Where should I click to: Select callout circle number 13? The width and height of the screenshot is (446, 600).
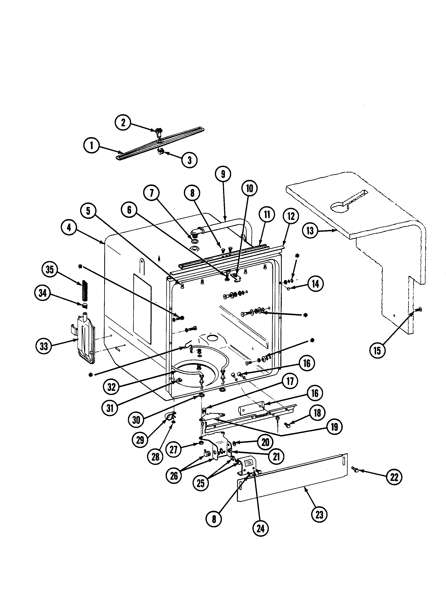[x=310, y=231]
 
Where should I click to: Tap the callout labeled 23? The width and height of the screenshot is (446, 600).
[x=319, y=515]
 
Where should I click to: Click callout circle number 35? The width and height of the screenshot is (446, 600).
[x=50, y=269]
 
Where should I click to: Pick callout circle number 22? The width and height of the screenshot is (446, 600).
[x=394, y=477]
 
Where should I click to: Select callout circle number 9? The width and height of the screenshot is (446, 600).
[x=223, y=174]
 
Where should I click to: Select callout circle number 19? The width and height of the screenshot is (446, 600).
[x=335, y=427]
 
